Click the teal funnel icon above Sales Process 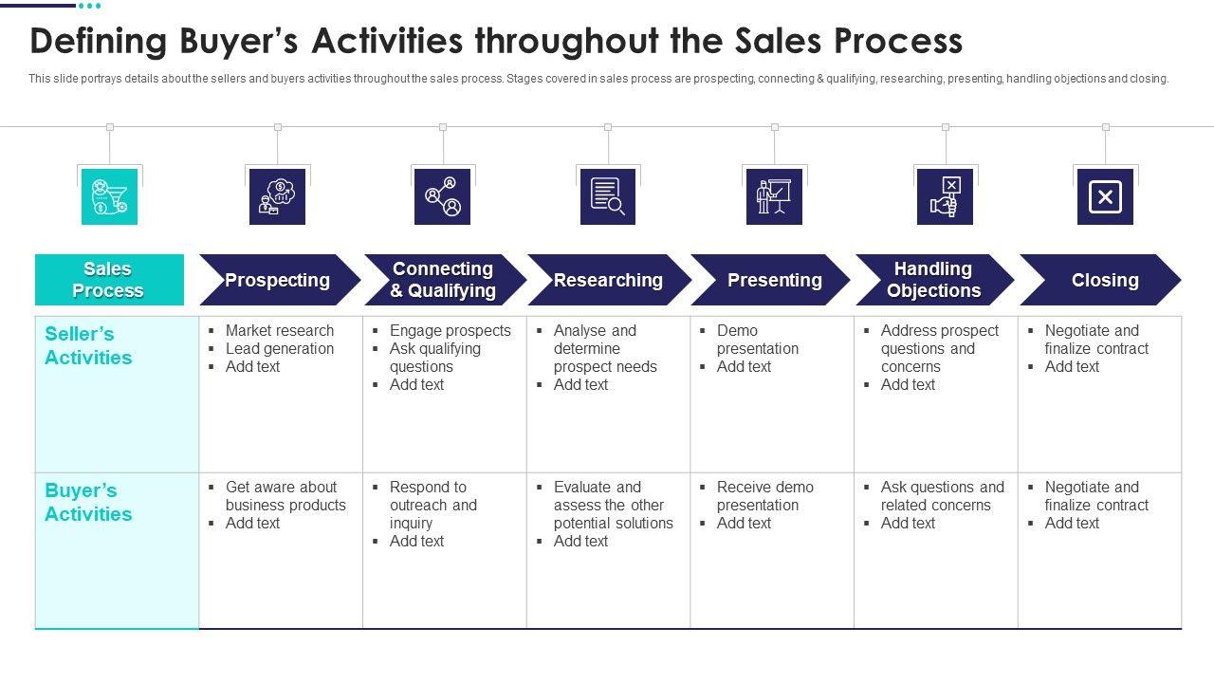pyautogui.click(x=109, y=196)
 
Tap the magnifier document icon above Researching pyautogui.click(x=608, y=196)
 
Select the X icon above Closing pyautogui.click(x=1105, y=196)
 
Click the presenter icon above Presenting pyautogui.click(x=774, y=196)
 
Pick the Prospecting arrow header pyautogui.click(x=278, y=280)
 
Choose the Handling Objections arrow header pyautogui.click(x=933, y=280)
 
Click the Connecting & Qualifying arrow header pyautogui.click(x=443, y=280)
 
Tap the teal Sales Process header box pyautogui.click(x=109, y=280)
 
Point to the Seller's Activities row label pyautogui.click(x=88, y=345)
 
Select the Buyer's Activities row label pyautogui.click(x=88, y=502)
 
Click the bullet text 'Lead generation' pyautogui.click(x=280, y=348)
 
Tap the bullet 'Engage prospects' pyautogui.click(x=450, y=330)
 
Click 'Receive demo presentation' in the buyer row pyautogui.click(x=764, y=495)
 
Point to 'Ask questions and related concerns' pyautogui.click(x=941, y=495)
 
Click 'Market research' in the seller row pyautogui.click(x=280, y=330)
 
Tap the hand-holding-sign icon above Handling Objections pyautogui.click(x=945, y=196)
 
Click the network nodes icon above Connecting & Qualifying pyautogui.click(x=443, y=196)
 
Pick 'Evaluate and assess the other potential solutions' pyautogui.click(x=613, y=505)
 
